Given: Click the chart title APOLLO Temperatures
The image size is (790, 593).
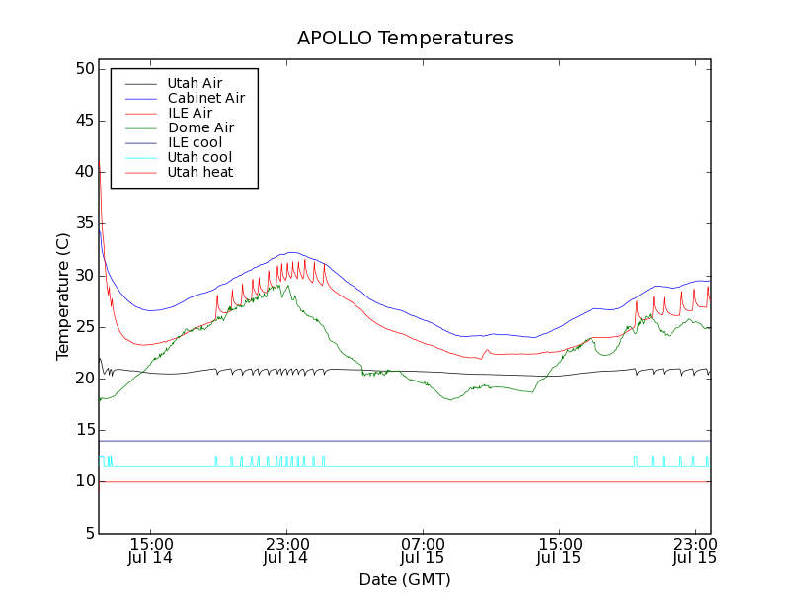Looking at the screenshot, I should point(405,39).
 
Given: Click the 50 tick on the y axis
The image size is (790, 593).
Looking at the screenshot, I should point(82,69).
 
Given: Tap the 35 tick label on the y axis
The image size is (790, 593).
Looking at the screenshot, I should point(82,223).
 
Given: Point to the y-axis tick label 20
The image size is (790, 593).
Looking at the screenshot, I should point(82,379).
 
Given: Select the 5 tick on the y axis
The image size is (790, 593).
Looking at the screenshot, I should point(87,533).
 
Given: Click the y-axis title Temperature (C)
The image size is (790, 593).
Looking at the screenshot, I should point(63,296).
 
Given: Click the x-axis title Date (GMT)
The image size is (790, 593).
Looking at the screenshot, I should point(405,579).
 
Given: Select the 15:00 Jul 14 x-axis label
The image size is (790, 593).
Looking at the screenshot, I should point(150,551).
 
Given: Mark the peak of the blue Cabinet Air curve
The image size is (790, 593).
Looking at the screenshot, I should point(293,252).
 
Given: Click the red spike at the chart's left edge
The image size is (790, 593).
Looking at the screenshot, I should point(100,163).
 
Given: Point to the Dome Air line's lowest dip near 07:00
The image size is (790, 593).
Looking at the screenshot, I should point(450,399).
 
